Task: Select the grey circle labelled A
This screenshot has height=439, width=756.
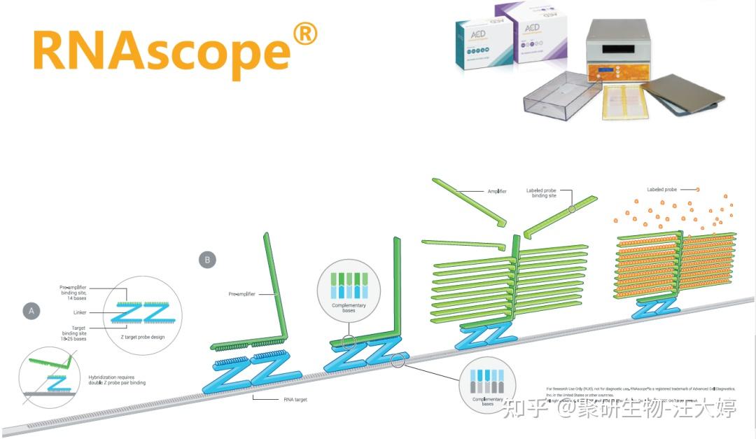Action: [31, 311]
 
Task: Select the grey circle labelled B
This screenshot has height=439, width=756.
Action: [207, 260]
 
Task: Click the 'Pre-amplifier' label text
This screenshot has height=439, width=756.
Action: [244, 295]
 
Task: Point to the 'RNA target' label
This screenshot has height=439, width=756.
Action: [293, 399]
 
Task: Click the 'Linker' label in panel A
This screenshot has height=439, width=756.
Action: [78, 313]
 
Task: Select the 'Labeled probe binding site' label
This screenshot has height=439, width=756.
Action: [541, 193]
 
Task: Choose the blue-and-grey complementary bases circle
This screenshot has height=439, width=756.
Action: [488, 385]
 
